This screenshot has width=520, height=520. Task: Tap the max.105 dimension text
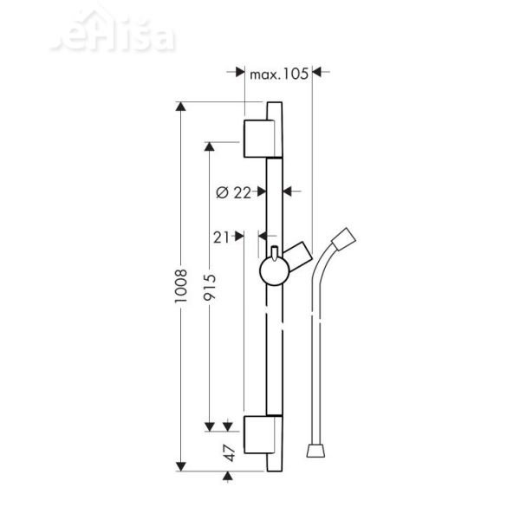[278, 75]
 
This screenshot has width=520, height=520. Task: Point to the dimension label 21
[221, 236]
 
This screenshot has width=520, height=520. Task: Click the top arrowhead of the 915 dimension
[208, 145]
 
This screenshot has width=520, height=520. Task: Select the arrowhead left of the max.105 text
[239, 75]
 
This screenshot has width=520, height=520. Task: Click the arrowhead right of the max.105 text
[316, 75]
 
